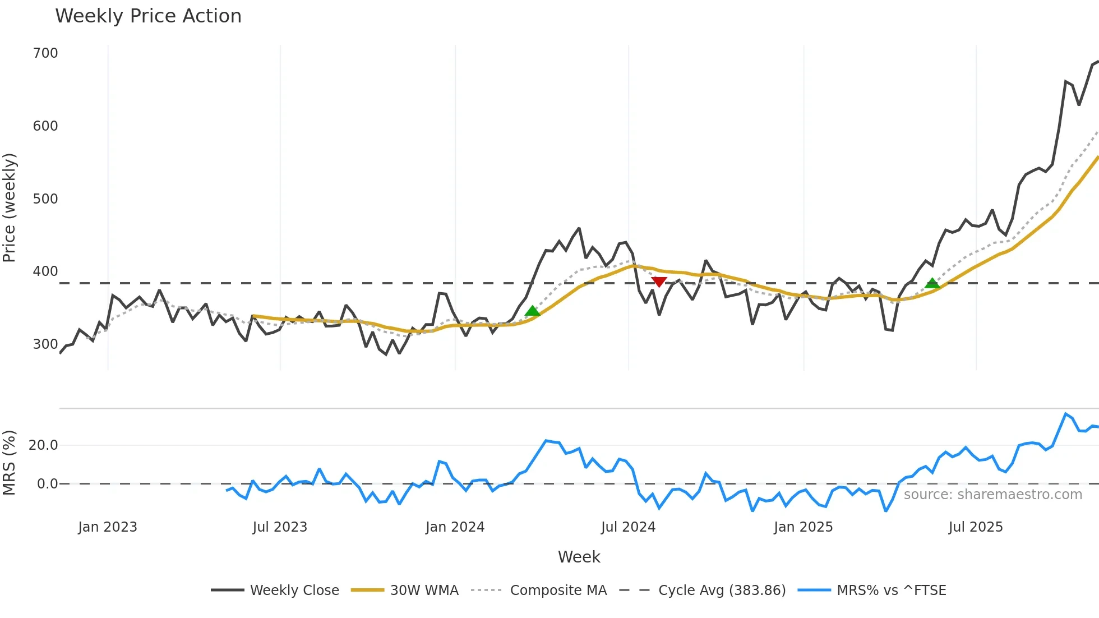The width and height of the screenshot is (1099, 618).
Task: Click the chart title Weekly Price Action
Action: point(148,16)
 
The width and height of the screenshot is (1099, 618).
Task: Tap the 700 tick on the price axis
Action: point(45,53)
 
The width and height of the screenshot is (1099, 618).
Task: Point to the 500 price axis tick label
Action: point(45,199)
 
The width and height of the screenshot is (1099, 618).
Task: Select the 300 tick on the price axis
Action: point(45,344)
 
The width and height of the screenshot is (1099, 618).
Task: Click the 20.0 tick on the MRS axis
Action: point(43,445)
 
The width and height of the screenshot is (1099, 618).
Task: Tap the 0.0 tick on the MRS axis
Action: point(47,484)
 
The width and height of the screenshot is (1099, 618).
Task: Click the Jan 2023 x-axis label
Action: point(108,527)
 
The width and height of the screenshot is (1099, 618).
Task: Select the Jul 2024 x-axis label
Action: point(628,527)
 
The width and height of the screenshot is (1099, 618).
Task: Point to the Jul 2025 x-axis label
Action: point(976,527)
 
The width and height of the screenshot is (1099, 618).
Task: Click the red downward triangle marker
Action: point(659,282)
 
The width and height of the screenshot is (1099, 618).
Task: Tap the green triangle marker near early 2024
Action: point(532,311)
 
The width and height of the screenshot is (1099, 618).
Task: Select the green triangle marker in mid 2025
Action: point(932,283)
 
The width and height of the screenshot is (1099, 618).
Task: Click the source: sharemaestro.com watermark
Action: point(992,495)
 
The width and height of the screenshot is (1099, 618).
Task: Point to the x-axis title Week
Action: point(579,557)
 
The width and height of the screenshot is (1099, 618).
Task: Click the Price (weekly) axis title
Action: point(10,207)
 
